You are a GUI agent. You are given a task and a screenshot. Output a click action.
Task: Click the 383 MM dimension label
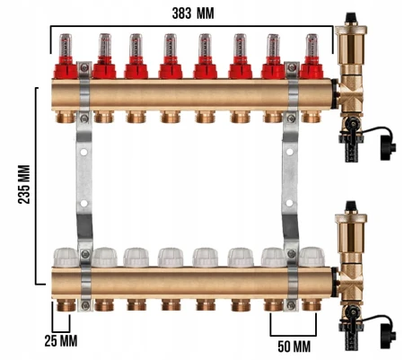pyautogui.click(x=193, y=13)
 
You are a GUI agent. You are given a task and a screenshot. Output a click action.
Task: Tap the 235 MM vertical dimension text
pyautogui.click(x=24, y=184)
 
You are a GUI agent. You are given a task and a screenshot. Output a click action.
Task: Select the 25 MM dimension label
pyautogui.click(x=61, y=341)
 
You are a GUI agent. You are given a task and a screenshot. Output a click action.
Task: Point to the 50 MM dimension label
pyautogui.click(x=294, y=347)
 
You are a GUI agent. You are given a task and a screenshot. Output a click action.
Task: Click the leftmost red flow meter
pyautogui.click(x=66, y=56)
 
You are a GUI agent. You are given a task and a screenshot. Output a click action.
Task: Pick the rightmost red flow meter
pyautogui.click(x=312, y=56)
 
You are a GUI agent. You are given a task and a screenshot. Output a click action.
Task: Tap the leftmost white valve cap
pyautogui.click(x=66, y=257)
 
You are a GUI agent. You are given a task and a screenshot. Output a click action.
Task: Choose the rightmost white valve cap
pyautogui.click(x=312, y=257)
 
